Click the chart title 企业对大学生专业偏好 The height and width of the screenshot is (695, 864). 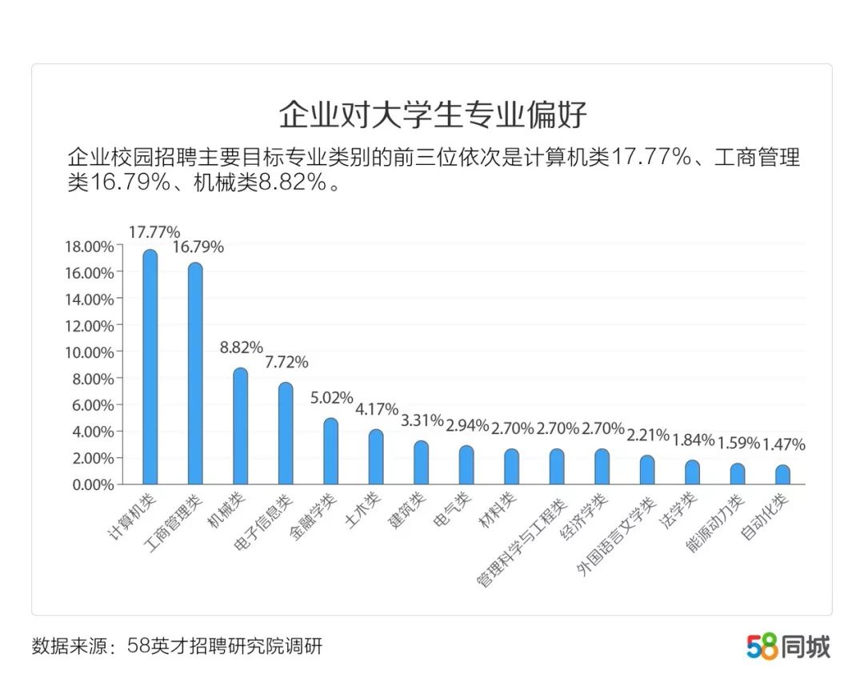point(432,115)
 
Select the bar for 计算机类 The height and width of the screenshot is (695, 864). point(150,368)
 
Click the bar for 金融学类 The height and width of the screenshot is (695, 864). point(330,452)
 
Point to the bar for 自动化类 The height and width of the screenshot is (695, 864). point(782,475)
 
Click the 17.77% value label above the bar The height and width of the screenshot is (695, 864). point(154,232)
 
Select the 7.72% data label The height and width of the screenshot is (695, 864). point(286,362)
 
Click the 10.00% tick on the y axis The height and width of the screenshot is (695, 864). point(88,352)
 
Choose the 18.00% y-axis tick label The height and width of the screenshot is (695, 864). point(88,247)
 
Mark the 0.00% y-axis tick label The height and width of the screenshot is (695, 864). point(91,484)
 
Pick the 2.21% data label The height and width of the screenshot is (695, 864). point(647,436)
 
